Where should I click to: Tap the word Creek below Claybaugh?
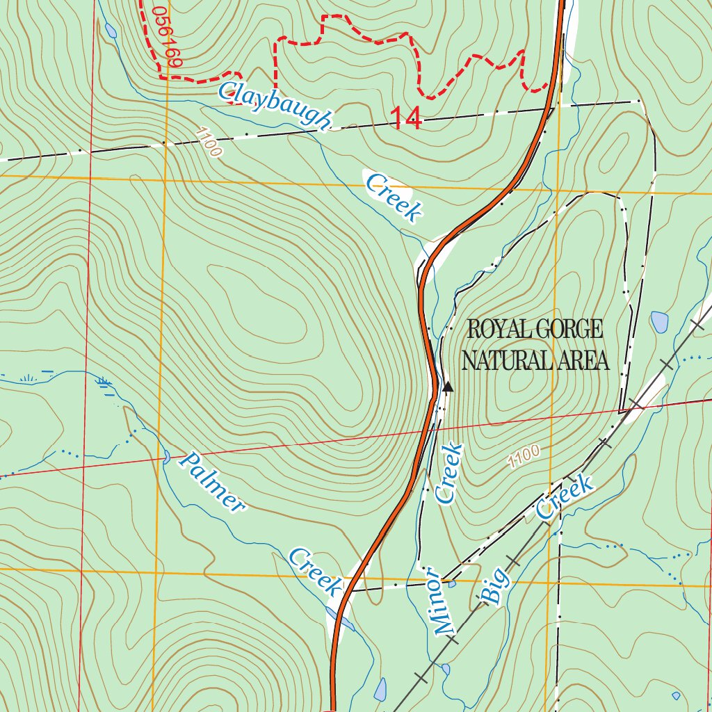tap(394, 198)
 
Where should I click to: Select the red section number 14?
tap(405, 118)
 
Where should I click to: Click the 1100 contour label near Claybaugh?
tap(209, 142)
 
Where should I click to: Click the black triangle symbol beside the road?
tap(448, 387)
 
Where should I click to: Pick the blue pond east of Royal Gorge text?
tap(659, 322)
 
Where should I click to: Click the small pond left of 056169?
tap(111, 31)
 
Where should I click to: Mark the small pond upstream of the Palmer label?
tap(166, 457)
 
